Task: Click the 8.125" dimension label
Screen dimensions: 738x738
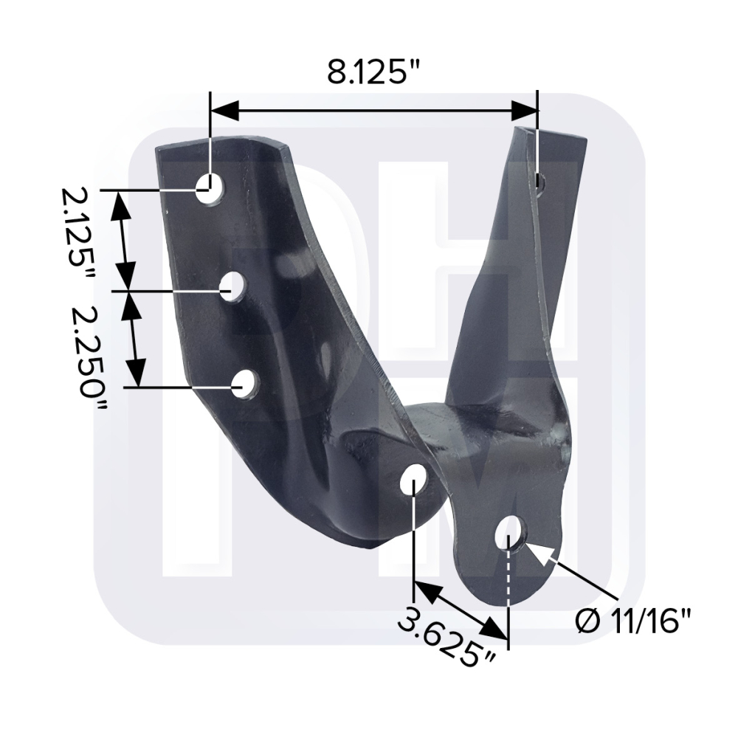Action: (x=373, y=72)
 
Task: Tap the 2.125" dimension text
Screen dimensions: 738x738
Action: (x=77, y=234)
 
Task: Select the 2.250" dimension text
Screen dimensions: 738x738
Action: (x=89, y=359)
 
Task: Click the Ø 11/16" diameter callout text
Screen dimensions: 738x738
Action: (x=633, y=621)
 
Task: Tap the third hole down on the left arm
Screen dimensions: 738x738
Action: (x=246, y=385)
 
